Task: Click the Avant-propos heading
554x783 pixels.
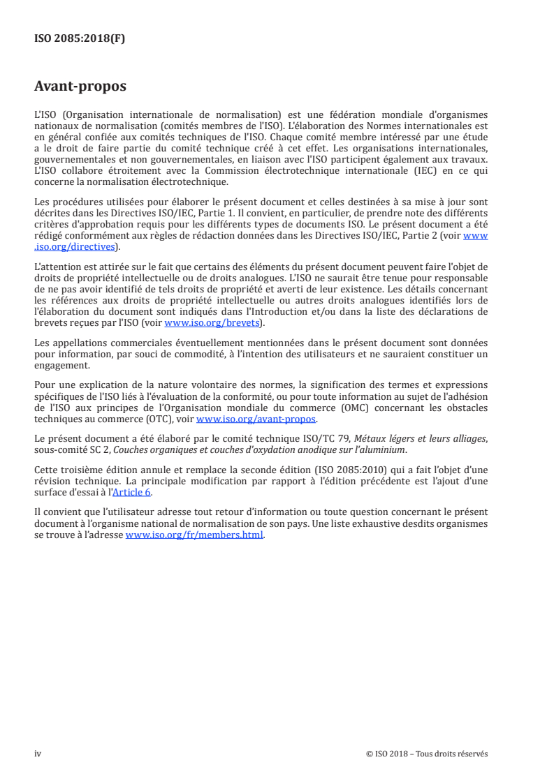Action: point(80,87)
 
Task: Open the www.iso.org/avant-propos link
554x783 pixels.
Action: point(256,419)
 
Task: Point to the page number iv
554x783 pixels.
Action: point(38,754)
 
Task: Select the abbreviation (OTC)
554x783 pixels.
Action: point(163,419)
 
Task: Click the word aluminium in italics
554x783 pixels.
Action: point(384,448)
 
